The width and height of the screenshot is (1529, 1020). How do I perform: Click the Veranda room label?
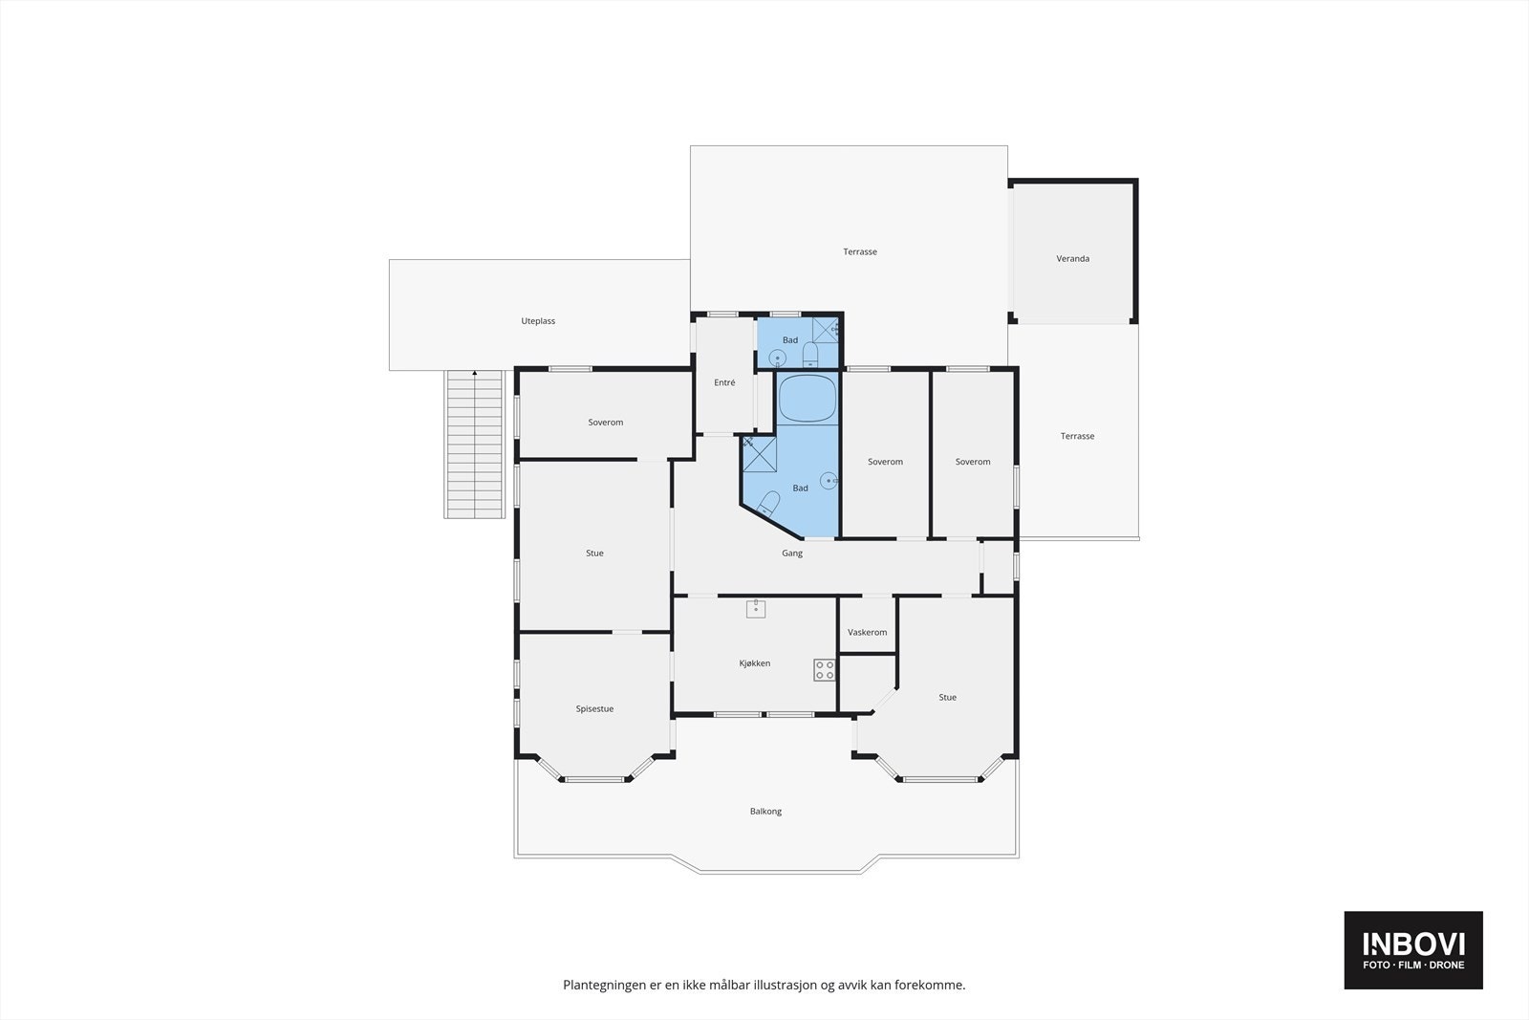[1072, 259]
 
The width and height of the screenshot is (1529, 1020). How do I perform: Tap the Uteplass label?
[538, 321]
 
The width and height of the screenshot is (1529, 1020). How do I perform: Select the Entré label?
[724, 382]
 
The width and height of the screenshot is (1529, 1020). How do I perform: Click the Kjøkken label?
[754, 663]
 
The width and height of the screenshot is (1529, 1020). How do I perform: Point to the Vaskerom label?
[867, 632]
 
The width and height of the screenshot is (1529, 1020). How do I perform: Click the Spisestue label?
[594, 709]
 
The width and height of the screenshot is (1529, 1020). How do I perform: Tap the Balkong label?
[765, 812]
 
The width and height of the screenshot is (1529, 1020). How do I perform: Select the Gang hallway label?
[791, 553]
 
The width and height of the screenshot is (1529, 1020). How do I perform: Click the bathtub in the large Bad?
[808, 400]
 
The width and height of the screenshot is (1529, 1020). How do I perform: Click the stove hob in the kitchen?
[824, 670]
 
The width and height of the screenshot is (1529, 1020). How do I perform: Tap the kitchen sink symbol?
[756, 609]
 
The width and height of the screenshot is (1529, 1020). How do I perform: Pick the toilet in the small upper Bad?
[810, 357]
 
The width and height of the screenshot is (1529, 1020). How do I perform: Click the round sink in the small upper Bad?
[777, 358]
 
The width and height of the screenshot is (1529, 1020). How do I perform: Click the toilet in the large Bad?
[769, 503]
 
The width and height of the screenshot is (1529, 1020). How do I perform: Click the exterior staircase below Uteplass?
[474, 445]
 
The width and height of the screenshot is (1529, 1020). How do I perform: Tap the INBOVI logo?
[1412, 949]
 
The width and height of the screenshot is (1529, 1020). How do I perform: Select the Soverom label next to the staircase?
[605, 423]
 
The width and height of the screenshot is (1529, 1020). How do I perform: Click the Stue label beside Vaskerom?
[947, 698]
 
